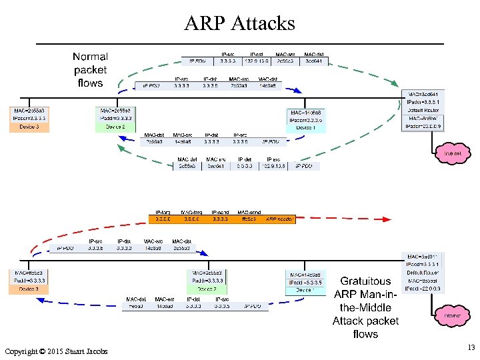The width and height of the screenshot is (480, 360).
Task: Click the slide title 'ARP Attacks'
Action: point(239,23)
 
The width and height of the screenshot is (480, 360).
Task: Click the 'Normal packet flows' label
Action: point(90,70)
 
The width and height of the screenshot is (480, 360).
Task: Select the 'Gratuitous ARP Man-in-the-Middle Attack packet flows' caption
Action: point(365,307)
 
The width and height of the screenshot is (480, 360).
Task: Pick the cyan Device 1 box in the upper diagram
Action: point(306,120)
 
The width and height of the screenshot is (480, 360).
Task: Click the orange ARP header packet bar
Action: point(221,218)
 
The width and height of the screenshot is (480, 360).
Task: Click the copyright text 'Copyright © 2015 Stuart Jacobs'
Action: point(55,351)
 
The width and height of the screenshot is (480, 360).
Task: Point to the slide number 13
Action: point(471,347)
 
